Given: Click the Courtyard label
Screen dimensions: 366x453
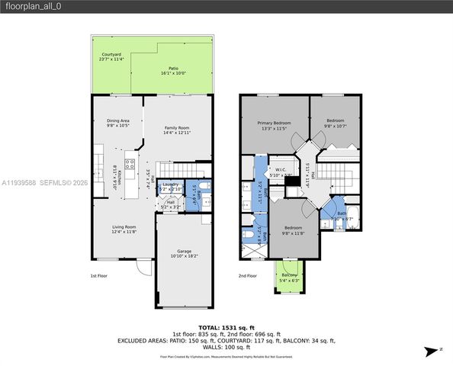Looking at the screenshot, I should [111, 56].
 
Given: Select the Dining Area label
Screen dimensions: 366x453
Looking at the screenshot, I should [117, 120].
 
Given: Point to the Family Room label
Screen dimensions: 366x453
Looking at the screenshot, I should [176, 127].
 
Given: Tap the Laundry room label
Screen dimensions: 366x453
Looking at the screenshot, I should [171, 184].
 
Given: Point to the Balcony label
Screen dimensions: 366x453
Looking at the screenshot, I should [289, 274].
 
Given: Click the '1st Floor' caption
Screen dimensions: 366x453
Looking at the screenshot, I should [99, 275].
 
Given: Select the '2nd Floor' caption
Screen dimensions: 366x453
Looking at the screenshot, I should [247, 275].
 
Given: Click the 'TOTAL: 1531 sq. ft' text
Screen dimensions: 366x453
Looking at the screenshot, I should [226, 326].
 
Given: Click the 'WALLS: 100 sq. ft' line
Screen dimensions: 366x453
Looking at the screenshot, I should [226, 347].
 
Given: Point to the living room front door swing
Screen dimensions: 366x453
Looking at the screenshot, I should [143, 267].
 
